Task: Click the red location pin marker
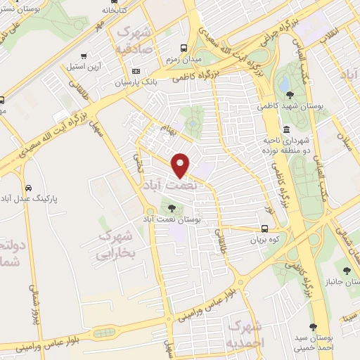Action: [x=181, y=164]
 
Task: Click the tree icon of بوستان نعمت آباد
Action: [x=172, y=207]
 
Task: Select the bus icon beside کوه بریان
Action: [x=264, y=229]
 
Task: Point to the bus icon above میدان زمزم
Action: [x=184, y=48]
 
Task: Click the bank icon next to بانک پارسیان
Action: [x=136, y=71]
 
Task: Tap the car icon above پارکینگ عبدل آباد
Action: [x=28, y=188]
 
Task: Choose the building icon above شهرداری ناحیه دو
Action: [x=287, y=129]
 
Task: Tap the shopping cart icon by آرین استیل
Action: [x=84, y=55]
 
